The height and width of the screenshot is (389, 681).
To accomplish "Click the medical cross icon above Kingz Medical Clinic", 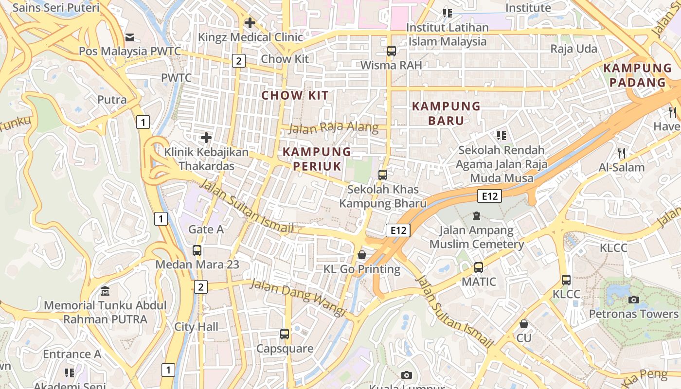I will tap(250, 23).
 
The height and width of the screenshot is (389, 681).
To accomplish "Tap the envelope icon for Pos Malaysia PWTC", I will tap(130, 37).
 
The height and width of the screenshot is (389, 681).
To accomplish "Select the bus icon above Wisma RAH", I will tap(391, 51).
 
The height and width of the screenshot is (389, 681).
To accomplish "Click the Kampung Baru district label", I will tap(446, 113).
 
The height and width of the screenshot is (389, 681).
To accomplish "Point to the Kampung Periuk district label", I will tap(317, 159).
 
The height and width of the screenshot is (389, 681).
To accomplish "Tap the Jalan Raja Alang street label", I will tap(333, 128).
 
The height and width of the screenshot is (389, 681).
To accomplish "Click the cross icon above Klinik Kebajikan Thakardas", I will tap(206, 138).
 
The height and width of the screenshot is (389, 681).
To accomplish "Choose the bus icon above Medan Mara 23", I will tap(197, 250).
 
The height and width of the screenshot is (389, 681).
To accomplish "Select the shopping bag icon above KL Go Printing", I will tap(362, 255).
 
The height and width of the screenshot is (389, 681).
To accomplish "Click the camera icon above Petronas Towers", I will tap(633, 300).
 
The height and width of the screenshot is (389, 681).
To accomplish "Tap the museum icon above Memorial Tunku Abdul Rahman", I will tap(105, 291).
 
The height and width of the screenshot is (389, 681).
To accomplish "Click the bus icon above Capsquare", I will tap(285, 334).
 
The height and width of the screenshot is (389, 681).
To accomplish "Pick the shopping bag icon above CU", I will tap(524, 323).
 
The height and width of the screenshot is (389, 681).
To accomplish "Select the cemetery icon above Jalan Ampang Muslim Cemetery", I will tap(477, 215).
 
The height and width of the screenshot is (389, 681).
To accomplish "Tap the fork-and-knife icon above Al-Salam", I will tap(621, 153).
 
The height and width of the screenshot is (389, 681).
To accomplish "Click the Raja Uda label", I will tap(573, 49).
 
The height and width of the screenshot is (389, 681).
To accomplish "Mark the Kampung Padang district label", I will tap(637, 75).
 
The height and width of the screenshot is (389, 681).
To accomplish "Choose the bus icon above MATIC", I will tap(479, 267).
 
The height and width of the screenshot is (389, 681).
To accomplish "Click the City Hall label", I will tap(197, 327).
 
